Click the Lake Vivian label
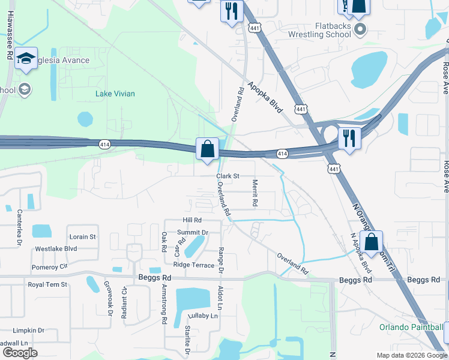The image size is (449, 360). point(115,94)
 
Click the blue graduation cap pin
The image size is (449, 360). point(26,58)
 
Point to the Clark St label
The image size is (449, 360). point(228,176)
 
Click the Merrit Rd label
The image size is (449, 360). point(255,194)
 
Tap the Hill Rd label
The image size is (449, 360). point(192,221)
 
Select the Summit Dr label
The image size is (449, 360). point(193,232)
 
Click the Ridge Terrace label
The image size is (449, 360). point(193,265)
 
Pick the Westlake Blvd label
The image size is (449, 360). point(56,248)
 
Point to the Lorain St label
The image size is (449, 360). point(82,237)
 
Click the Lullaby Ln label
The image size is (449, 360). point(201,315)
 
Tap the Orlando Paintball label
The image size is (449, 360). point(411,327)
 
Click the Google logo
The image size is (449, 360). point(19,353)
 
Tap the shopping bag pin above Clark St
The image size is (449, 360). point(207,148)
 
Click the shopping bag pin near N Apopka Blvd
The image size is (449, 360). point(372,242)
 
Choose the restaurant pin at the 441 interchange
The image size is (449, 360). point(348,137)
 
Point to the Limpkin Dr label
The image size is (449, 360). point(29,330)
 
